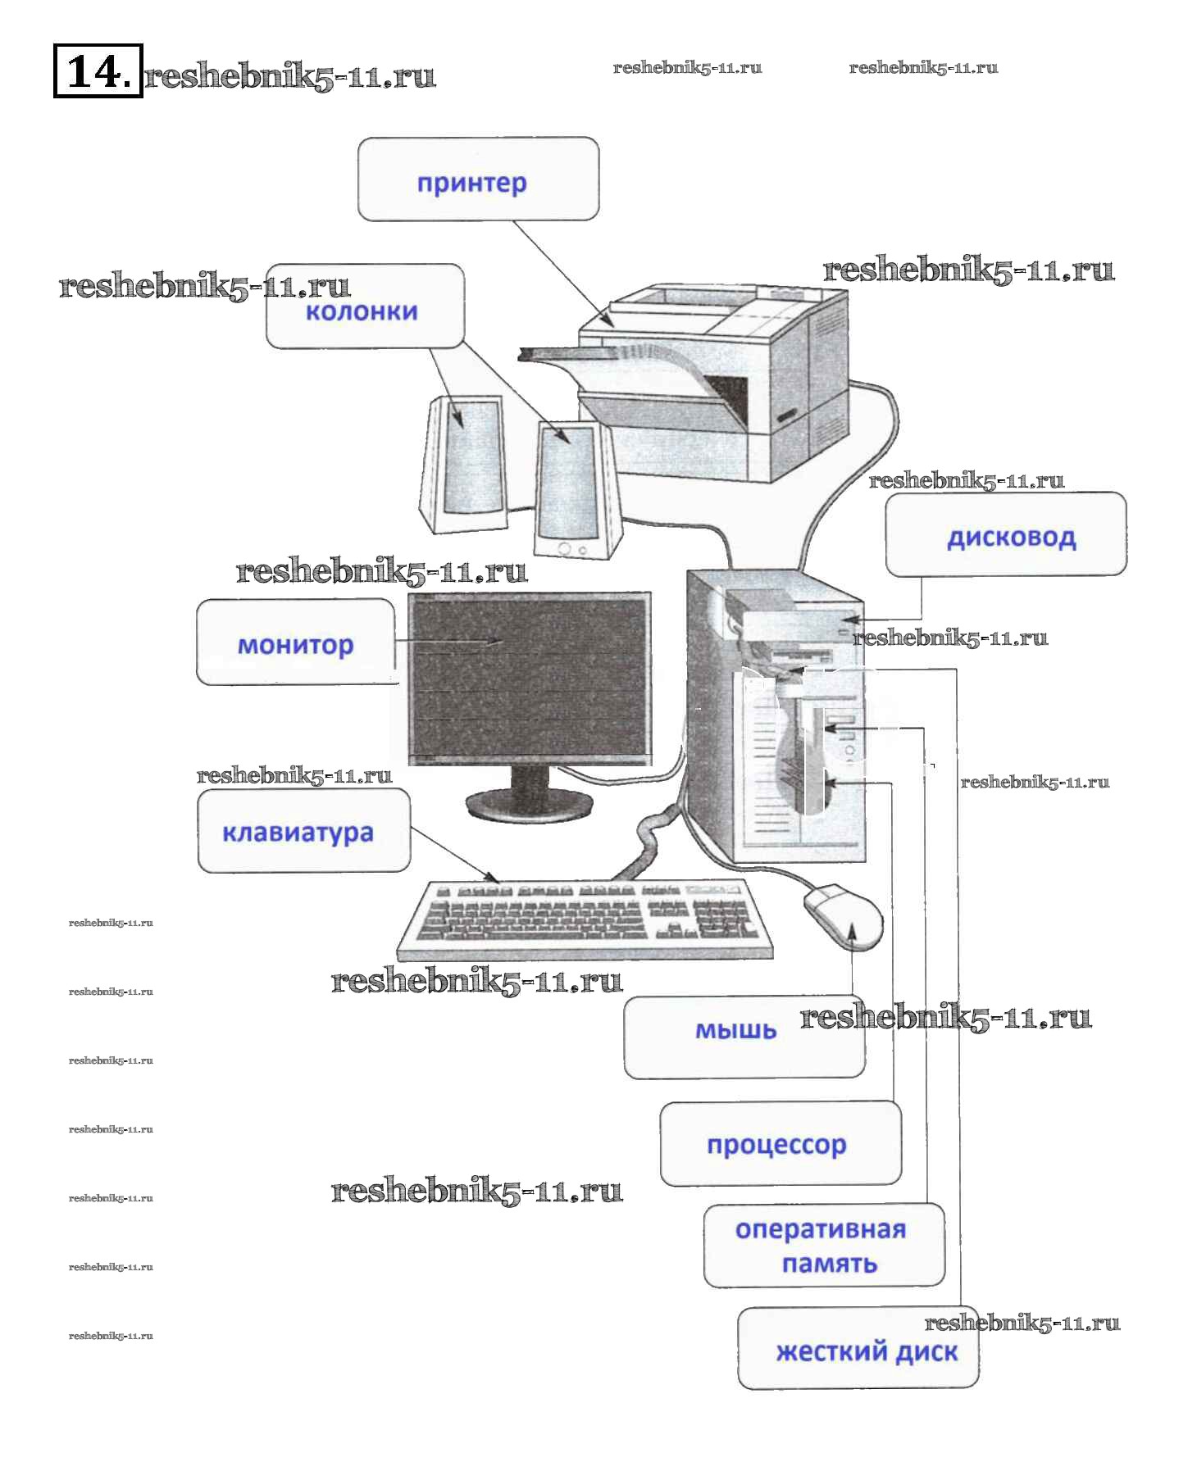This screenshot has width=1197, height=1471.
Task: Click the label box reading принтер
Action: (478, 179)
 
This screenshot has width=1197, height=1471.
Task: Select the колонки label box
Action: (365, 307)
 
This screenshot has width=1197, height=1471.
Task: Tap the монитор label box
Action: (295, 642)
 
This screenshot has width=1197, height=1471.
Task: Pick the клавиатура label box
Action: (303, 830)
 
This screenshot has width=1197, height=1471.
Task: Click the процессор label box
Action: (780, 1143)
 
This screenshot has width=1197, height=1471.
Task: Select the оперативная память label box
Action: (823, 1245)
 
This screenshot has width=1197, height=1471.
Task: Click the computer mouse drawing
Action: (844, 914)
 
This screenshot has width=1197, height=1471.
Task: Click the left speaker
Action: (463, 463)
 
